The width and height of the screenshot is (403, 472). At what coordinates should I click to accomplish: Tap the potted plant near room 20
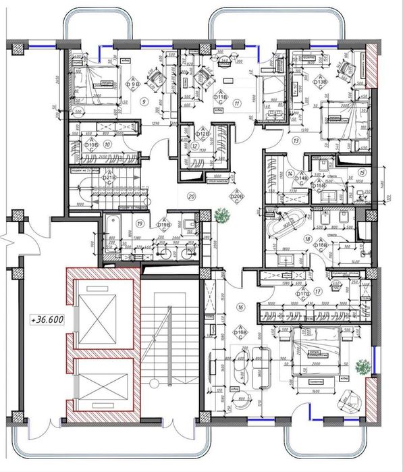(x=221, y=216)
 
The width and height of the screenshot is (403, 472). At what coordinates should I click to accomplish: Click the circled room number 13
(x=295, y=141)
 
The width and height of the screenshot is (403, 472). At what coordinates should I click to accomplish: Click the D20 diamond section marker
(x=236, y=196)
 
